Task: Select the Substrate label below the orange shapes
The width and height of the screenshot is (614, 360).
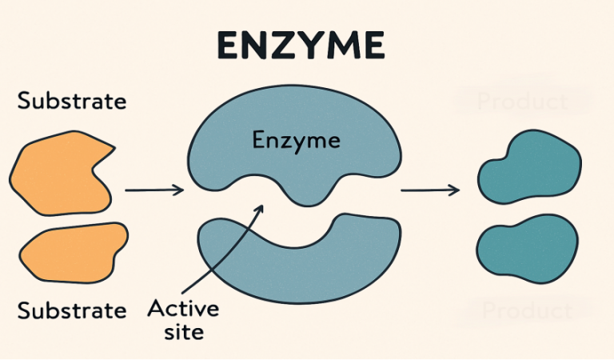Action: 72,309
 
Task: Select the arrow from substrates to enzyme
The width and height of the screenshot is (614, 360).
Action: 154,190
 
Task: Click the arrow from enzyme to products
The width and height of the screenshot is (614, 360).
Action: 429,190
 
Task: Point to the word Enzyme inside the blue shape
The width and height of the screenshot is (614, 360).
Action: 296,142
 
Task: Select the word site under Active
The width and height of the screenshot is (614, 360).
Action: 184,331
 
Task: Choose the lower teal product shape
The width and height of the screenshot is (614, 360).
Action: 527,250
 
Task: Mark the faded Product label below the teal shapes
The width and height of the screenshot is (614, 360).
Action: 524,310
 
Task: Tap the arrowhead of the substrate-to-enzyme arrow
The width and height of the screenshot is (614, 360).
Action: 180,190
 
